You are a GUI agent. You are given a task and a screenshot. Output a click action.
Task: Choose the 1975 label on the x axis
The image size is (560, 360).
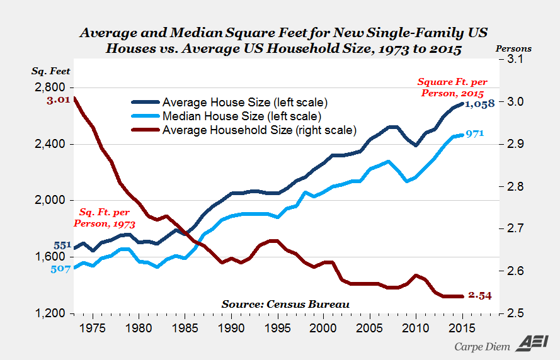pos(93,328)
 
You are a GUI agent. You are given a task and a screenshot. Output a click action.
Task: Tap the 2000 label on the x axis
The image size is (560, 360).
pos(324,328)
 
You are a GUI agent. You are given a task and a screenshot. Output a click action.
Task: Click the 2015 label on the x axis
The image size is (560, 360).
pos(463,328)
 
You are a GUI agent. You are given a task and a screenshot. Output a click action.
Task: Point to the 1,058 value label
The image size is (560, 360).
pos(480,104)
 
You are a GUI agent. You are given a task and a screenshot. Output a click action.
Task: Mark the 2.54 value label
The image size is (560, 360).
pos(479,296)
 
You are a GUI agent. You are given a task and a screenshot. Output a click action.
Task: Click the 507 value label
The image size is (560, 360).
pos(61,269)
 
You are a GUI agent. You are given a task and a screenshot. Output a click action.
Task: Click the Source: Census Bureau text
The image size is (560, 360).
pos(285,304)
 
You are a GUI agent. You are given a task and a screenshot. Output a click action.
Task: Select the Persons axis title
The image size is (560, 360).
pos(514,48)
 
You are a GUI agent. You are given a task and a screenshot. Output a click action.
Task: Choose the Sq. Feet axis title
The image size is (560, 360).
pos(51,71)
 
